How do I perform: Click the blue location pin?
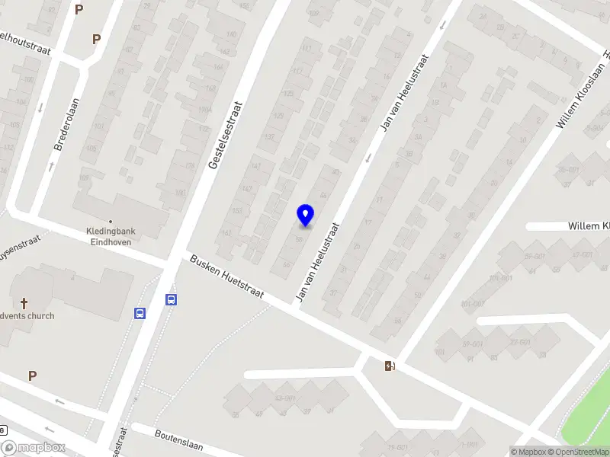[305, 215]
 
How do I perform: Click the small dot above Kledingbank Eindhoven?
[111, 222]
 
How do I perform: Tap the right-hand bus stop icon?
[172, 300]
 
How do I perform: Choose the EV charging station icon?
[390, 366]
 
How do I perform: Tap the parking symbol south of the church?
[32, 376]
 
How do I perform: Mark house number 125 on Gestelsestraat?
[288, 93]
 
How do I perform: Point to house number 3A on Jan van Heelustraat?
[419, 137]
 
